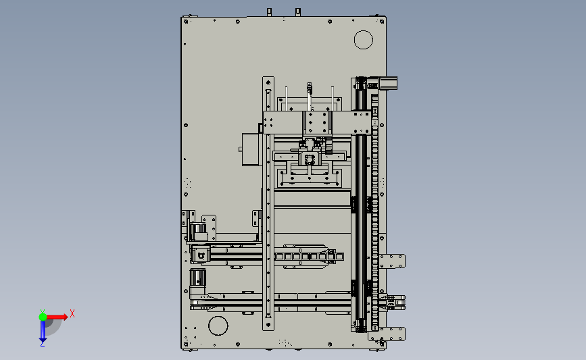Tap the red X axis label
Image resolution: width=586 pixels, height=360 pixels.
(x=72, y=313)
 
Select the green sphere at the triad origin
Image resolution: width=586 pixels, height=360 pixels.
(x=43, y=317)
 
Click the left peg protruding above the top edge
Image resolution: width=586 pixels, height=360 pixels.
(x=269, y=12)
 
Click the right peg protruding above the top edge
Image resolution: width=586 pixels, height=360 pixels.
(x=298, y=12)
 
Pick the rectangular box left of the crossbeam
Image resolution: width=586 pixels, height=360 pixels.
(x=250, y=149)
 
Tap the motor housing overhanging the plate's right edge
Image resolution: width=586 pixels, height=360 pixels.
(x=388, y=83)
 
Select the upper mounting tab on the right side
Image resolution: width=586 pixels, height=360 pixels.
(x=392, y=261)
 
